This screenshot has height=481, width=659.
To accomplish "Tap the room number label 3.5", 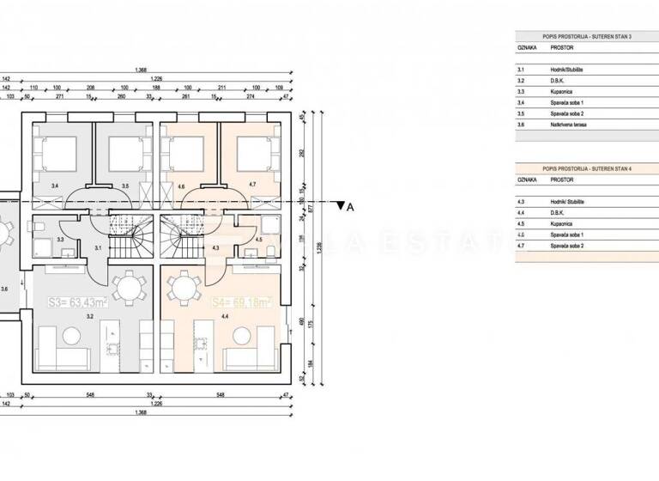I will (124, 185).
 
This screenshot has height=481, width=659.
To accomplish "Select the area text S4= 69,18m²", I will (241, 302).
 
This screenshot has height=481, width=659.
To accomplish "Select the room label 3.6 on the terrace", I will (5, 289).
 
